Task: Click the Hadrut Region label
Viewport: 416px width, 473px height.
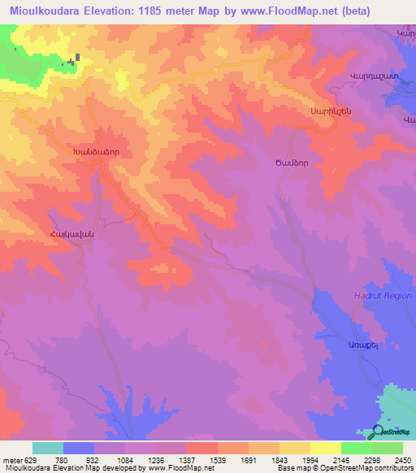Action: [x=383, y=297]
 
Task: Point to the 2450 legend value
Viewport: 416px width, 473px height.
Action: [x=402, y=460]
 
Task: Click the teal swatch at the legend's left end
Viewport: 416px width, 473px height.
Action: [x=48, y=448]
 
